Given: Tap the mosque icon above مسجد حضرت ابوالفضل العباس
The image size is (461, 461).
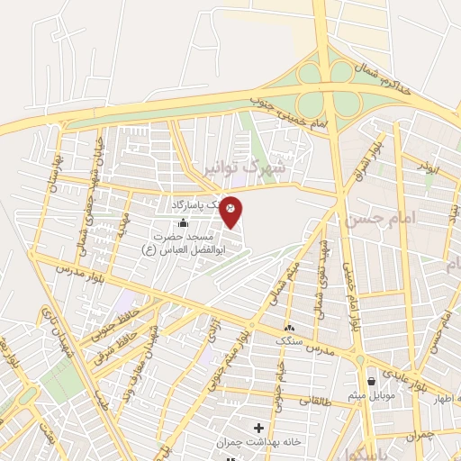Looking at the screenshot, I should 185,222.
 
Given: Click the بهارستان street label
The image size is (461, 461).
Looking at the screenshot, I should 56,167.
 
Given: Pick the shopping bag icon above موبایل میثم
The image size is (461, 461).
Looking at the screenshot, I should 371,382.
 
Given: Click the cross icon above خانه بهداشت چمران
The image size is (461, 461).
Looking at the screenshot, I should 259,428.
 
